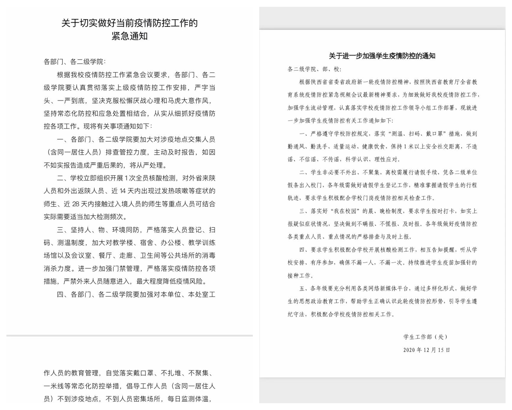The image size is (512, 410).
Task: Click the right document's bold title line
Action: [x=382, y=56]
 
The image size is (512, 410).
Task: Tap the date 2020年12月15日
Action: [x=426, y=350]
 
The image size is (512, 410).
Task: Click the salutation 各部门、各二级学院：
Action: [x=75, y=62]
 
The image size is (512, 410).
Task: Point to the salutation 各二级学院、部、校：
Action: [x=314, y=69]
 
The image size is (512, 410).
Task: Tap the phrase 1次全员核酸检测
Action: [x=150, y=178]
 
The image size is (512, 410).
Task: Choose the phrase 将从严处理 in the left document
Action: [x=148, y=165]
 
